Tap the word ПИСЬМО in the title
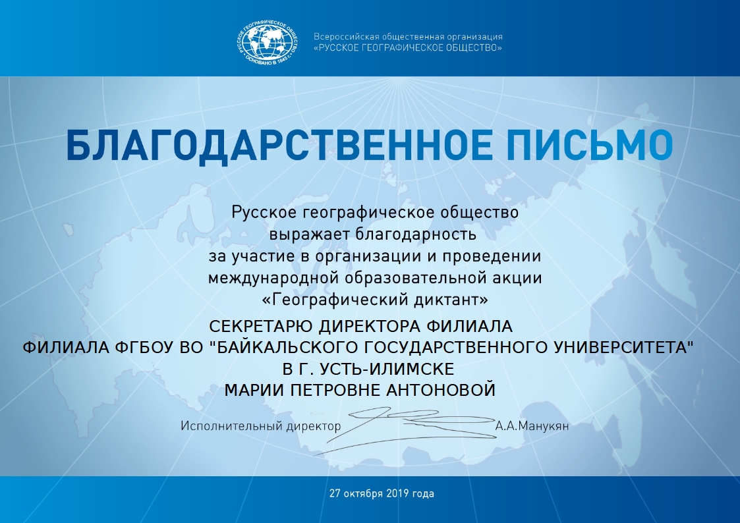tap(590, 146)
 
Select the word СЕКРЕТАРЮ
tap(261, 326)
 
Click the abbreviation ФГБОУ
tap(145, 348)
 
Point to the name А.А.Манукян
tap(532, 426)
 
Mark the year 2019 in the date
tap(397, 494)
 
